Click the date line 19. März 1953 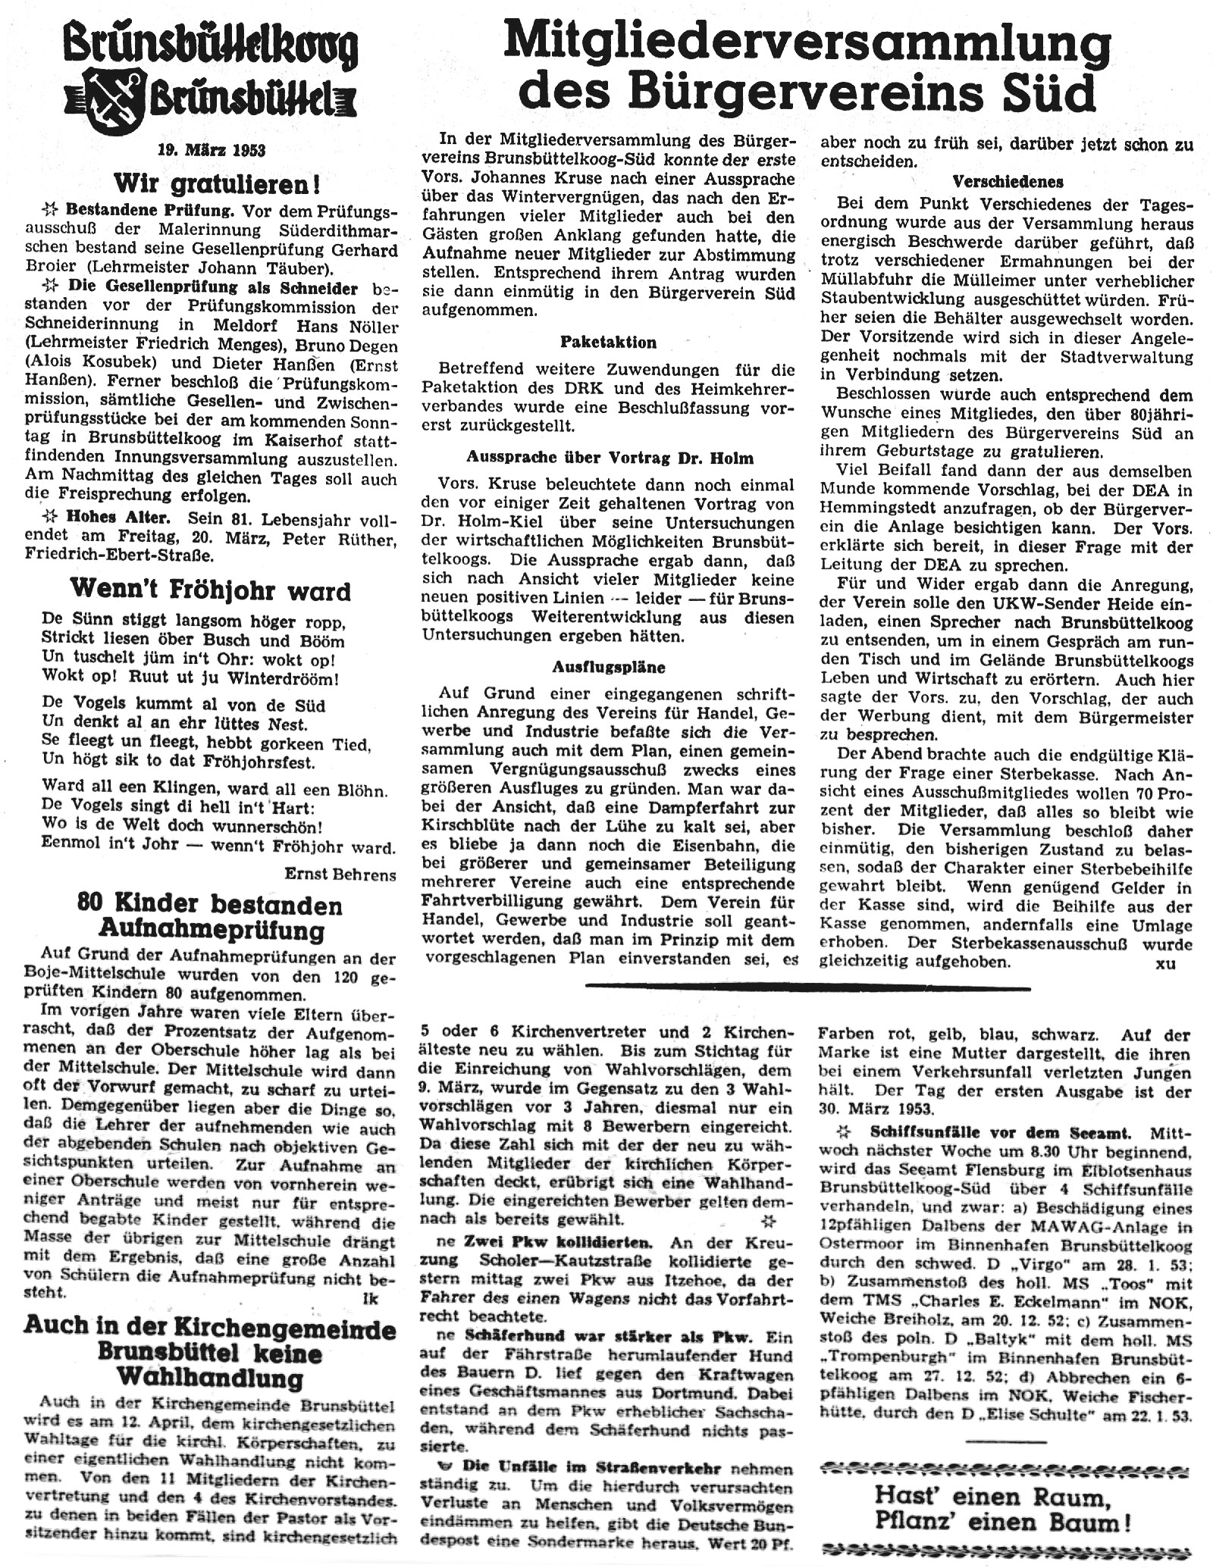pyautogui.click(x=212, y=150)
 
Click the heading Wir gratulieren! pyautogui.click(x=216, y=183)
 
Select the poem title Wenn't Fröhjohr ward pyautogui.click(x=210, y=590)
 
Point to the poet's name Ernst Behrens pyautogui.click(x=340, y=874)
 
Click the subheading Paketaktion pyautogui.click(x=608, y=342)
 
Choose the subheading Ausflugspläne pyautogui.click(x=608, y=667)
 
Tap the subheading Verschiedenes pyautogui.click(x=1008, y=182)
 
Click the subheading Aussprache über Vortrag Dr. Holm pyautogui.click(x=610, y=457)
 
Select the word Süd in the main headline pyautogui.click(x=1052, y=93)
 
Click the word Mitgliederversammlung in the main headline pyautogui.click(x=807, y=43)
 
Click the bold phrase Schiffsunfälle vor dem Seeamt pyautogui.click(x=1001, y=1133)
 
